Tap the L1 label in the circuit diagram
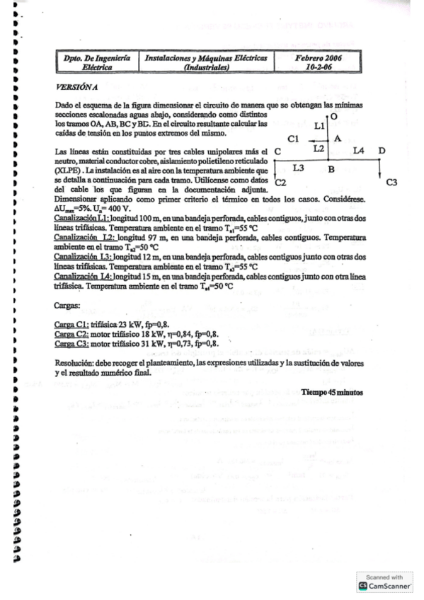319,125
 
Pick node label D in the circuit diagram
382,151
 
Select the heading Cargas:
67,306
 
